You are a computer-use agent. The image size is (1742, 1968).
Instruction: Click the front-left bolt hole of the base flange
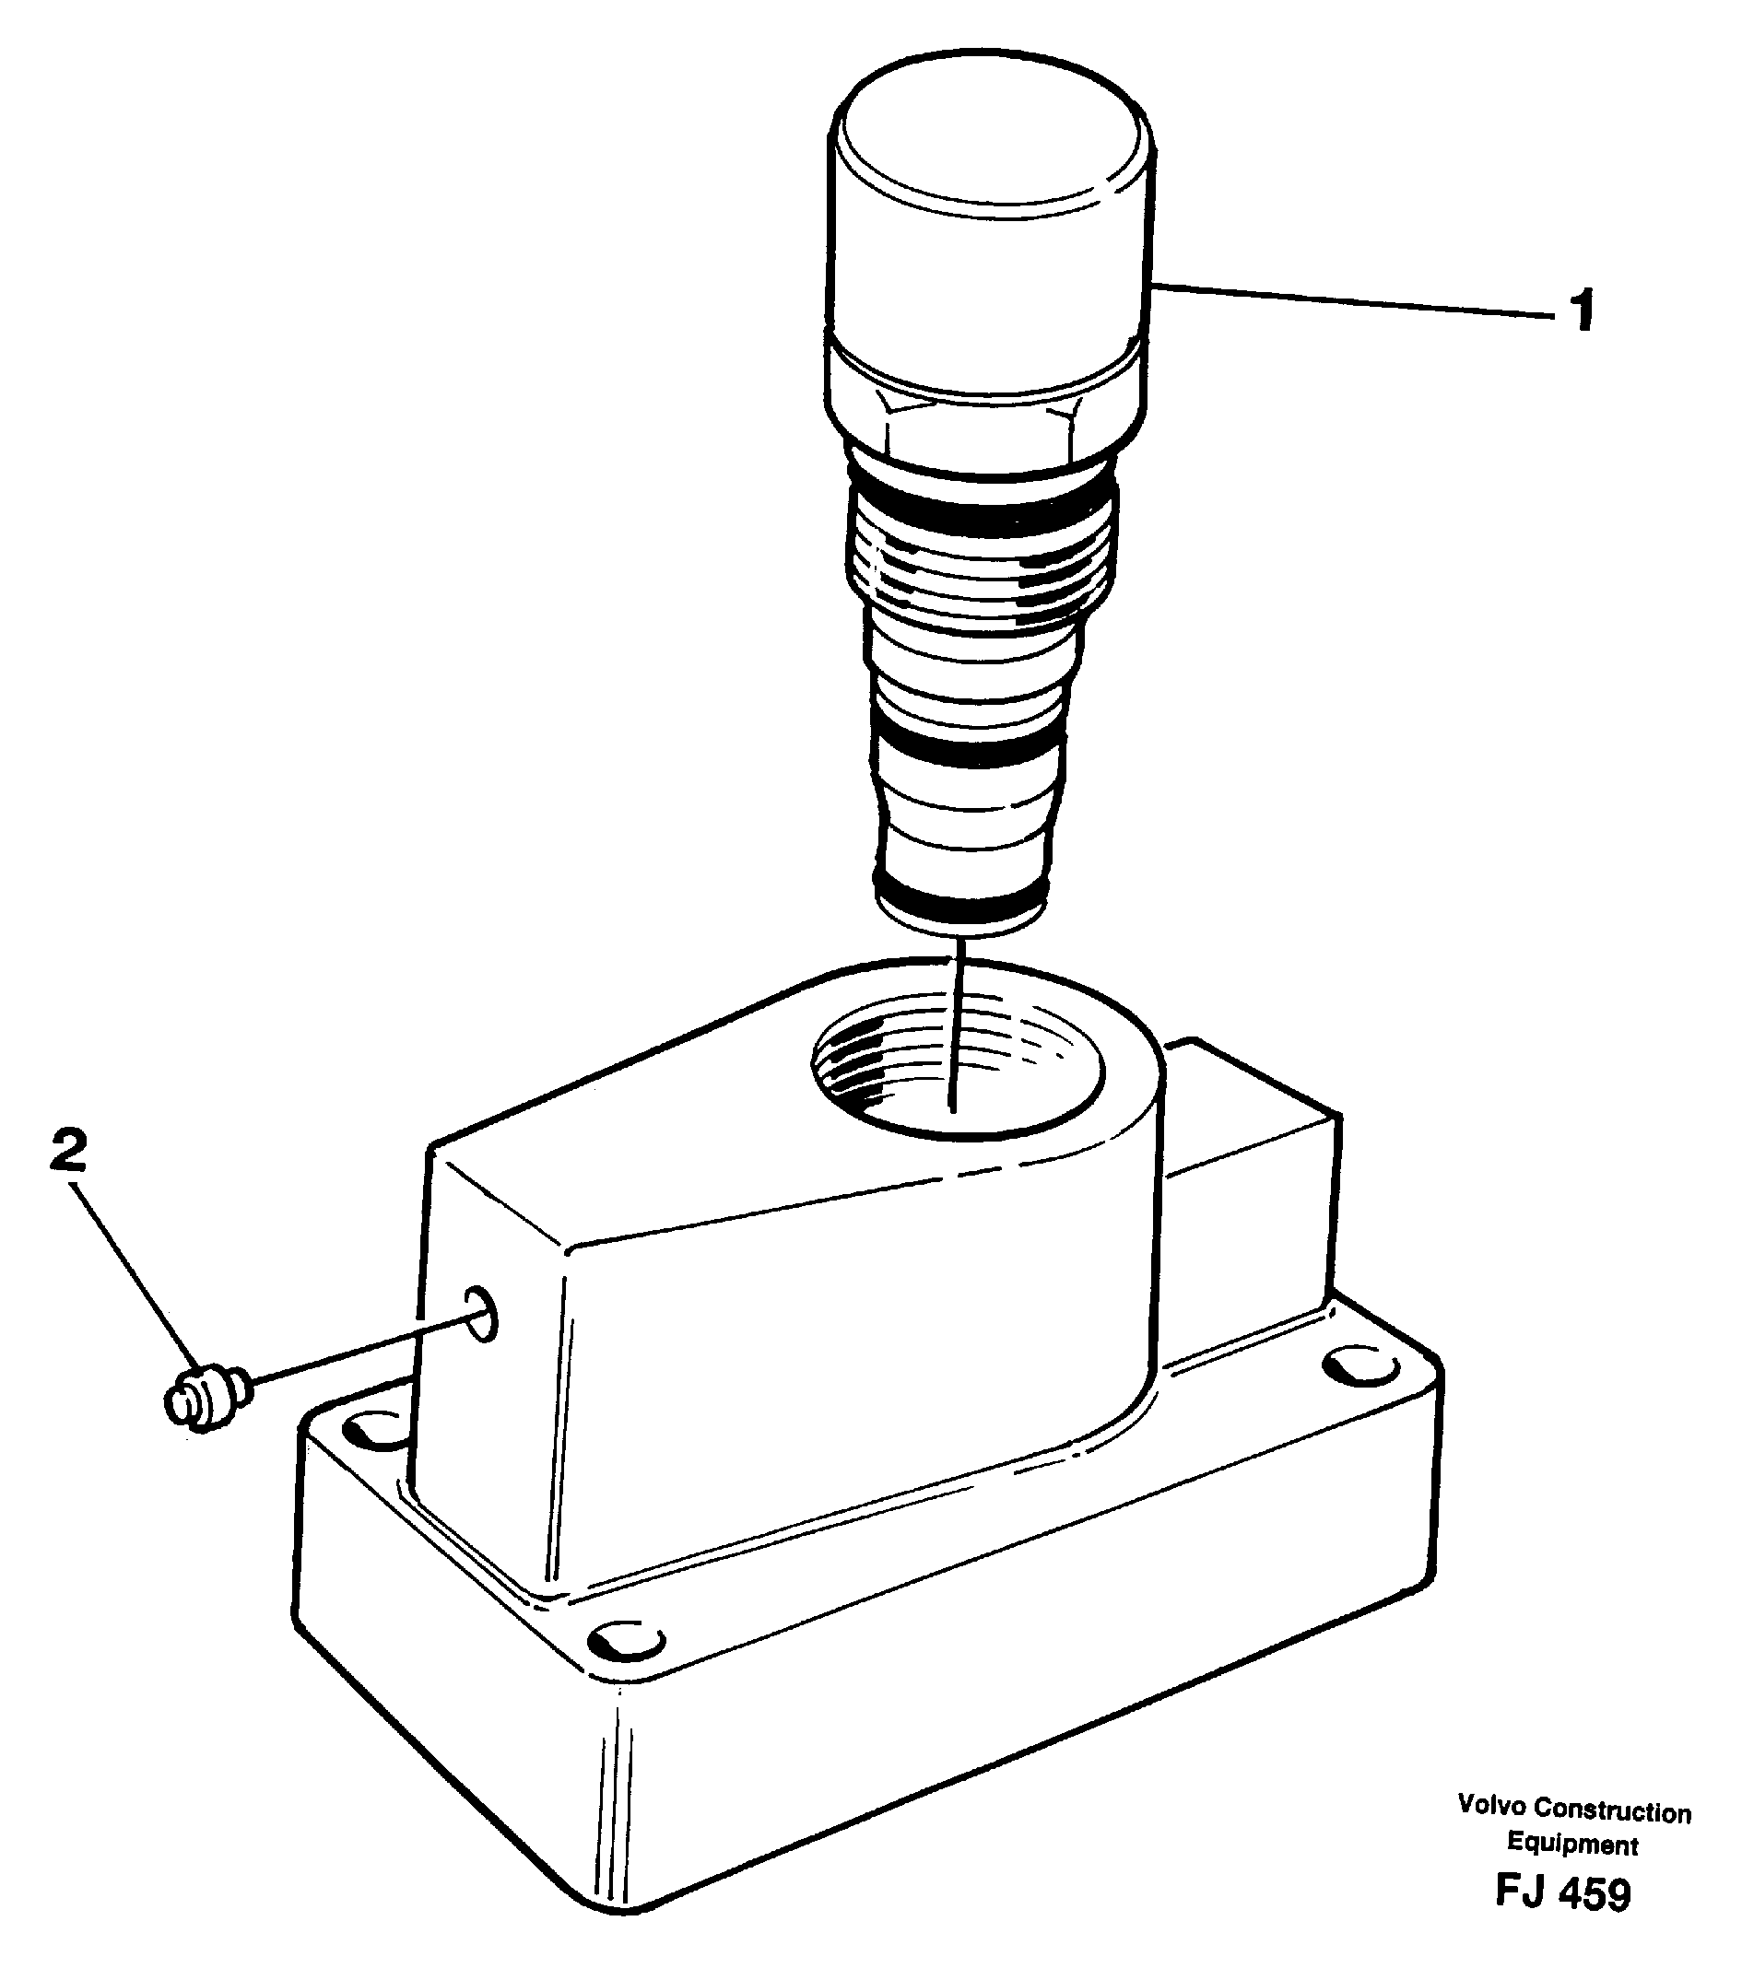coord(373,1432)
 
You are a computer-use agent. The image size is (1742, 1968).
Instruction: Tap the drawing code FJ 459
coord(1562,1894)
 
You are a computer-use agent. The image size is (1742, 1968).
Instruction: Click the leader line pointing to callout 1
coord(1348,299)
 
